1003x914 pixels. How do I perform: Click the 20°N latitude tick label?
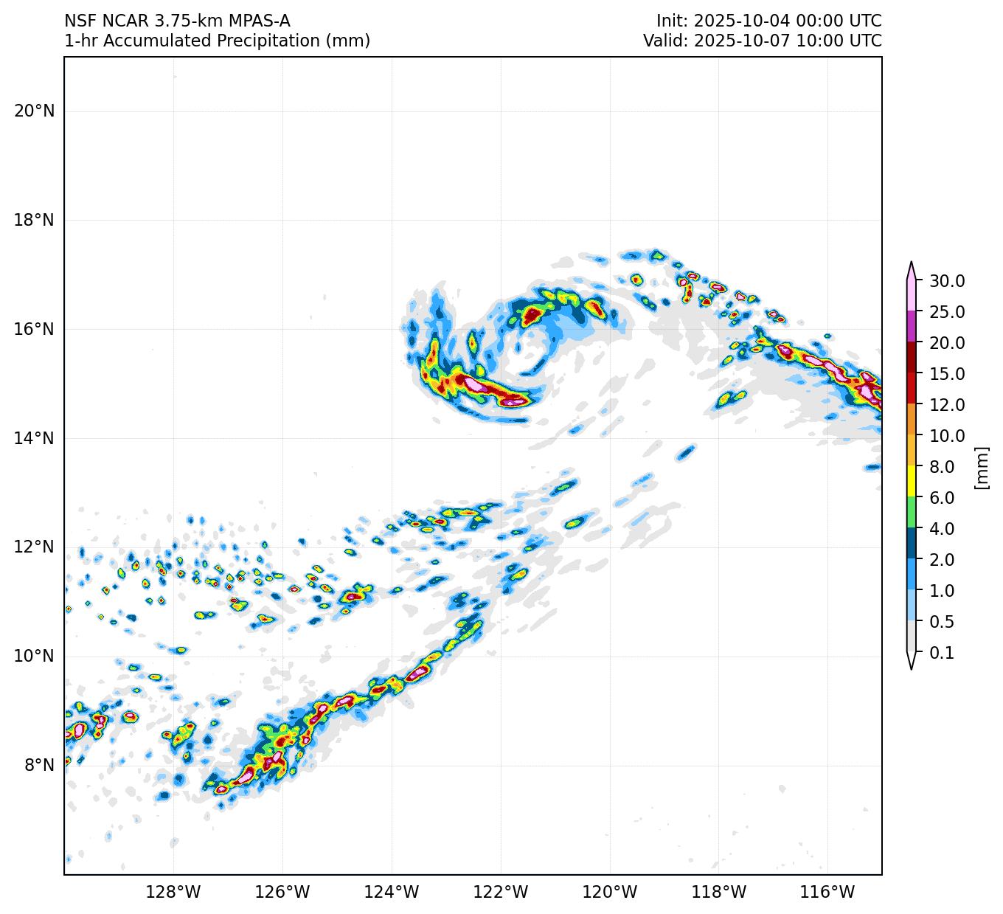tap(34, 111)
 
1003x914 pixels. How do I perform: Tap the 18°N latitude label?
tap(34, 221)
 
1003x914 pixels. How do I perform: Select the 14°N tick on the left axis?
tap(34, 438)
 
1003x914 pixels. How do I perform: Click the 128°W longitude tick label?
tap(173, 893)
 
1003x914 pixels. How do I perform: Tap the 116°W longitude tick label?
tap(828, 893)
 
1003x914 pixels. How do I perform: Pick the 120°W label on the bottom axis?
tap(610, 893)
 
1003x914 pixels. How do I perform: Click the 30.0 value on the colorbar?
tap(947, 281)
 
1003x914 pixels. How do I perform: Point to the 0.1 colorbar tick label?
tap(941, 653)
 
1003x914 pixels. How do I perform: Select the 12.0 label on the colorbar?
tap(947, 405)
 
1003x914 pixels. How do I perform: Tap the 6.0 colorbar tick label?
tap(941, 498)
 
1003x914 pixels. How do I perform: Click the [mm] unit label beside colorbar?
tap(981, 467)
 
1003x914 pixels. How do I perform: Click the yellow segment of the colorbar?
tap(912, 482)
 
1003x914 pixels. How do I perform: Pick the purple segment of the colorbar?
tap(912, 327)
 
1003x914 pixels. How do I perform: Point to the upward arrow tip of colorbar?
tap(912, 263)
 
